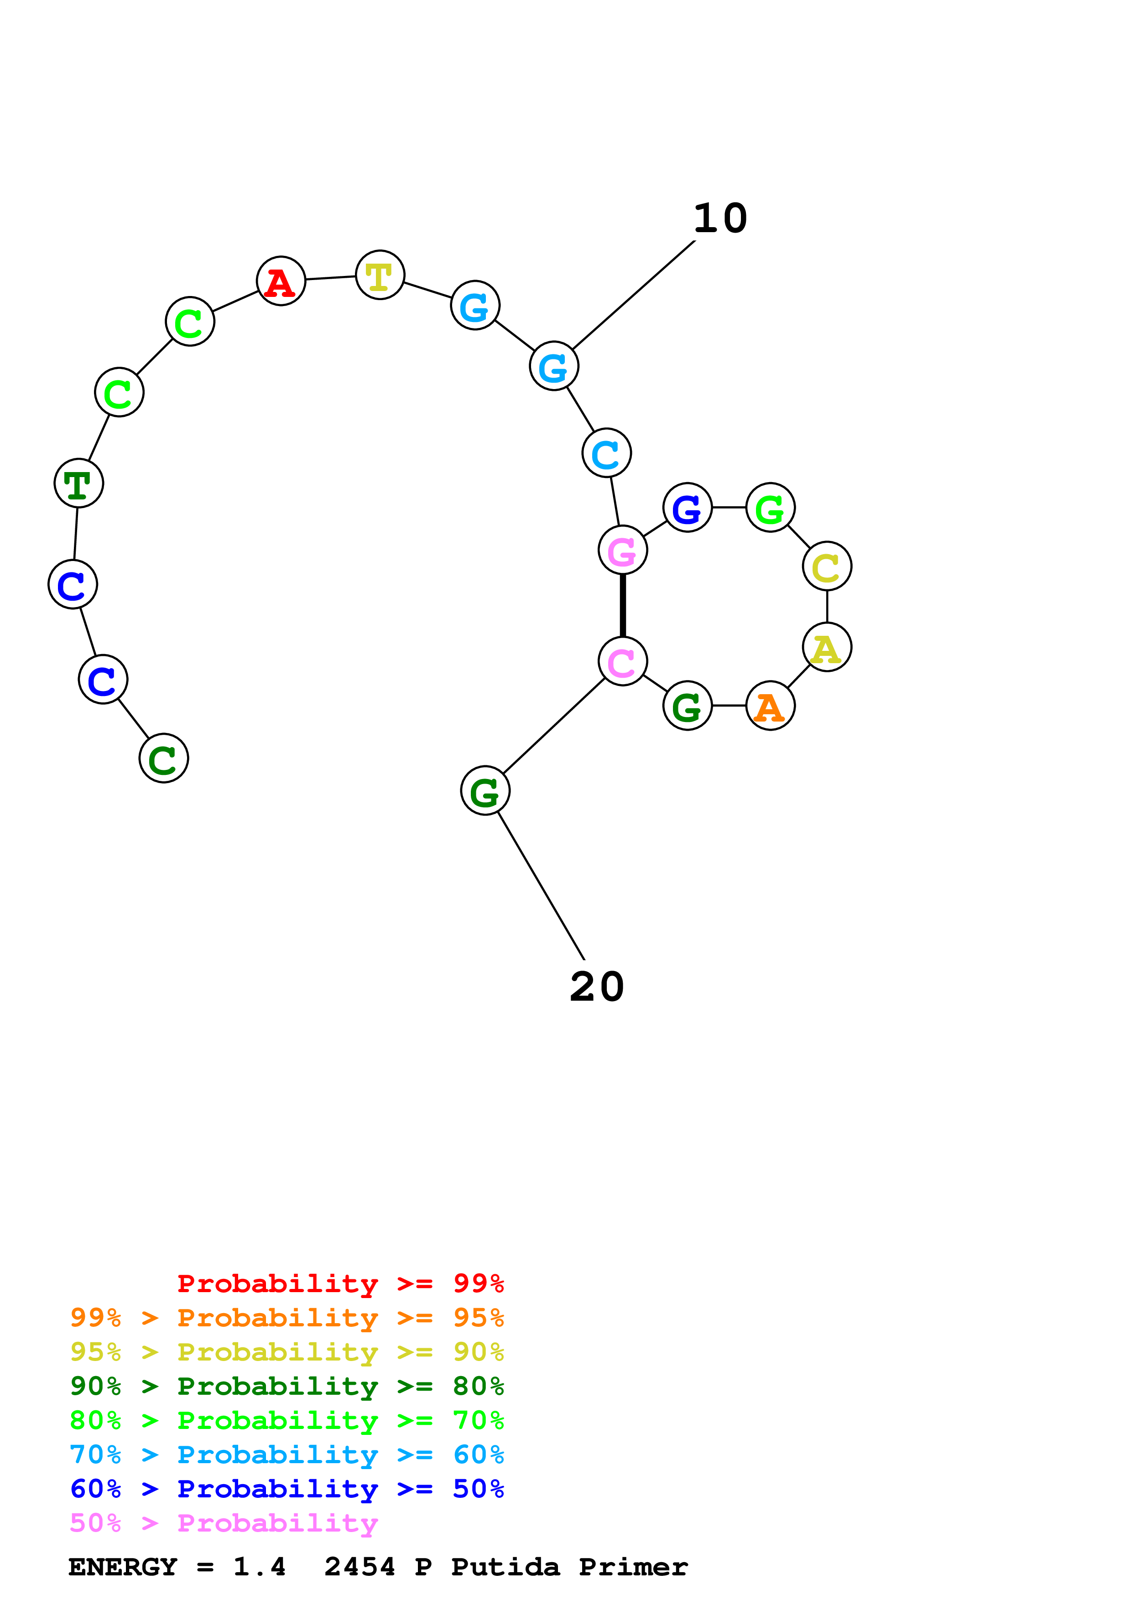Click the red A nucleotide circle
pos(281,281)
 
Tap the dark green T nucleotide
pos(79,483)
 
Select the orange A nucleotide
pos(770,706)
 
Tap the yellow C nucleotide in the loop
pos(827,566)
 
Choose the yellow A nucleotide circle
pos(827,647)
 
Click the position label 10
pos(720,219)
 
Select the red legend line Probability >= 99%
pos(340,1283)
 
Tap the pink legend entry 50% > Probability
pos(224,1523)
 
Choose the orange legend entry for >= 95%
pos(287,1318)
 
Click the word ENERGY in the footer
pos(123,1567)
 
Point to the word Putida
pos(505,1567)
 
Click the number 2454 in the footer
pos(360,1567)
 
